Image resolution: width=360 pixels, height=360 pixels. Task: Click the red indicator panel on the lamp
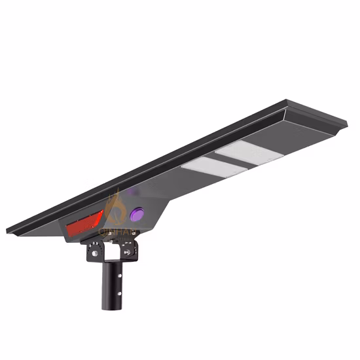[84, 225]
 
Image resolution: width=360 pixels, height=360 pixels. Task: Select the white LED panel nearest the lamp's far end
[248, 153]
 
